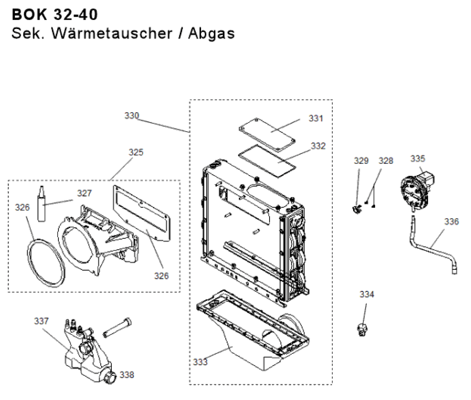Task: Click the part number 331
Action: pyautogui.click(x=315, y=118)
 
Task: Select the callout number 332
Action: pyautogui.click(x=318, y=146)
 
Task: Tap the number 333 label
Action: pyautogui.click(x=200, y=362)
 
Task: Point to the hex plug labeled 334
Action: pyautogui.click(x=362, y=329)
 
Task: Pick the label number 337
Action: pyautogui.click(x=41, y=321)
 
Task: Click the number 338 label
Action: pyautogui.click(x=127, y=375)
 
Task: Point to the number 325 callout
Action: pyautogui.click(x=136, y=152)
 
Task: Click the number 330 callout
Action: pyautogui.click(x=131, y=116)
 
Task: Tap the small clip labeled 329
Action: pyautogui.click(x=357, y=207)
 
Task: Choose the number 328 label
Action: pyautogui.click(x=386, y=161)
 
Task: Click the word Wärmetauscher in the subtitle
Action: pyautogui.click(x=111, y=33)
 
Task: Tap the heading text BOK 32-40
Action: pyautogui.click(x=55, y=14)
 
